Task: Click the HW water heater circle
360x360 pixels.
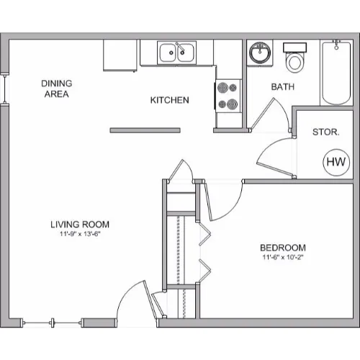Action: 336,162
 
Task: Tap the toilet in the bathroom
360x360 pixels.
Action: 294,58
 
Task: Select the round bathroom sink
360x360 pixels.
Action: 260,53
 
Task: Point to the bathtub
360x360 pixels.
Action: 336,73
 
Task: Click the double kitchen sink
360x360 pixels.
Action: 177,53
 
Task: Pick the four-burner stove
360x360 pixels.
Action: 228,96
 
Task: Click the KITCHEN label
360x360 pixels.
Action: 170,100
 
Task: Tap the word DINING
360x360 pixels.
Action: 57,84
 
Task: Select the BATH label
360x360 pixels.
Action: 283,86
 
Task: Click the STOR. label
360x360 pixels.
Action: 326,132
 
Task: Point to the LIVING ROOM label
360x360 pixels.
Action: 80,225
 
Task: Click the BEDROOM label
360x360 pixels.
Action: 283,248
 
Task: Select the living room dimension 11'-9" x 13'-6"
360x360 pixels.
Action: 80,234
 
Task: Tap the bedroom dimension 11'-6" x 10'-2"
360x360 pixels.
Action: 283,257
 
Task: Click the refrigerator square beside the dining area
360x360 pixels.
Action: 120,55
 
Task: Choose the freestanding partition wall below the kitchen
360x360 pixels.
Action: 145,130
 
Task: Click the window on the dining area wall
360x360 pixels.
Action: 4,89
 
